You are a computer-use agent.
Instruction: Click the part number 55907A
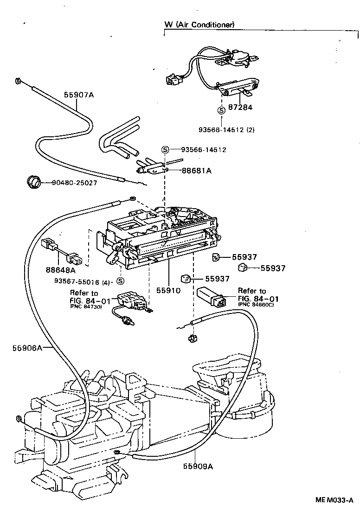(79, 95)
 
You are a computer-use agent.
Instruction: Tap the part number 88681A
(196, 171)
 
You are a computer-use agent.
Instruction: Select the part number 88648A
(60, 268)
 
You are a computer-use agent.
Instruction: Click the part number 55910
(167, 290)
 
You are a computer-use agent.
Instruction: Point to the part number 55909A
(198, 466)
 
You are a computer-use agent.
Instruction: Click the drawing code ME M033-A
(334, 500)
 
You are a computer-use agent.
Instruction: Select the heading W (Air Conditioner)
(199, 24)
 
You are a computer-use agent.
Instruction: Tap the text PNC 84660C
(256, 304)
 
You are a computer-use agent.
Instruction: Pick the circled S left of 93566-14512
(165, 149)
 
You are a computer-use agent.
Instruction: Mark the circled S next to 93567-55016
(120, 281)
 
